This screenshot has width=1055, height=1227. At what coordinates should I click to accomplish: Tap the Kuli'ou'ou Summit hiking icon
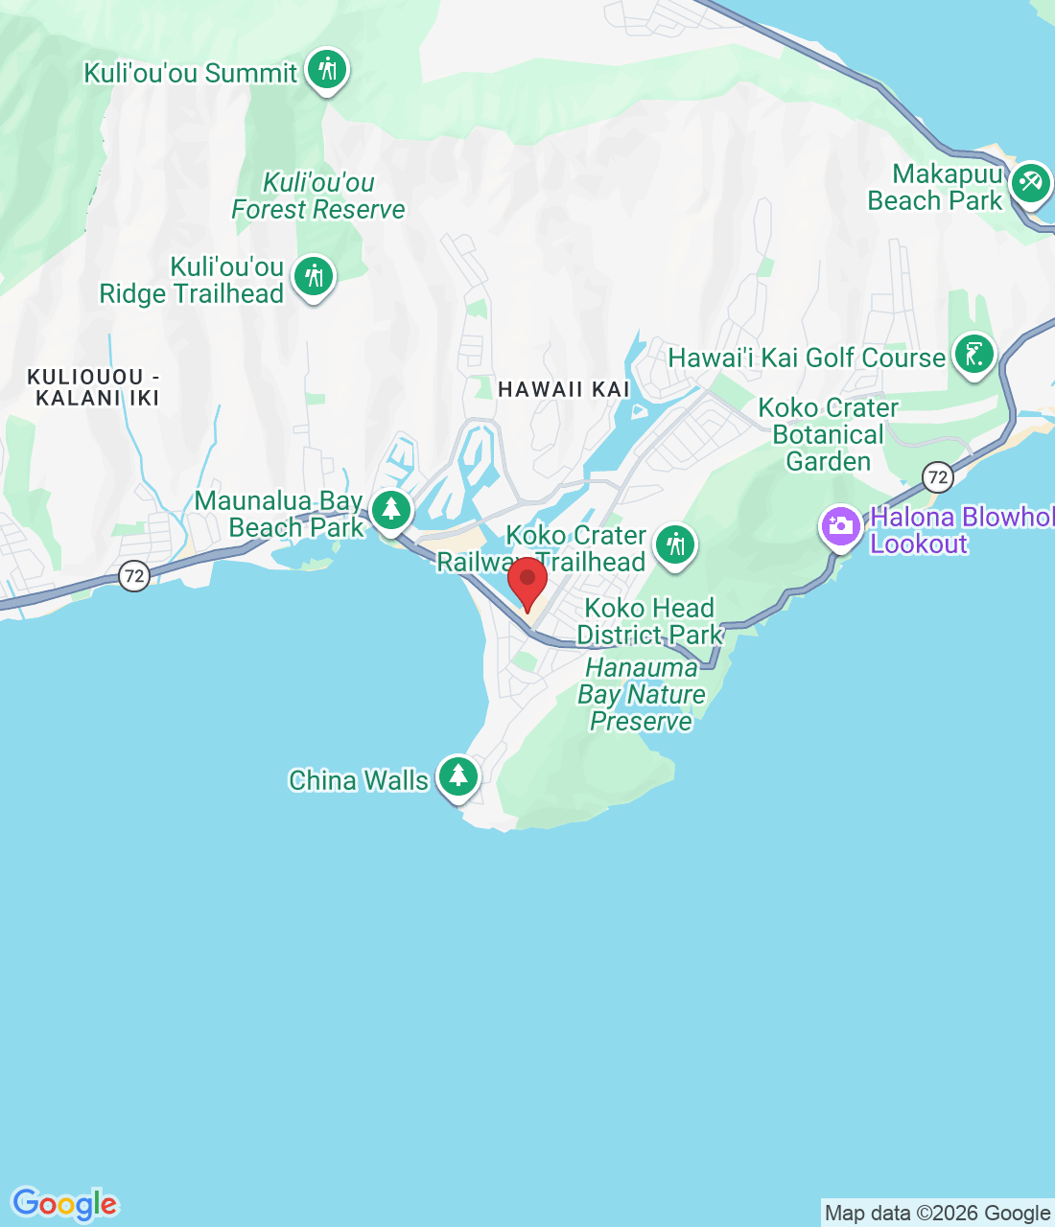(x=327, y=70)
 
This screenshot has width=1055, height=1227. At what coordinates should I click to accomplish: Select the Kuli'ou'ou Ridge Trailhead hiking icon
(x=314, y=277)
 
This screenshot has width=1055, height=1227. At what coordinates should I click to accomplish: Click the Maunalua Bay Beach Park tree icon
(x=391, y=510)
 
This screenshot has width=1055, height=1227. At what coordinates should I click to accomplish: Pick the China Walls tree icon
(x=458, y=776)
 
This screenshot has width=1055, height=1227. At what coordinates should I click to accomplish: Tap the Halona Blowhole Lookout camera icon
(x=841, y=527)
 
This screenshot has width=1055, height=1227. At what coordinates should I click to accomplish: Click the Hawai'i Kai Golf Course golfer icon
(x=973, y=355)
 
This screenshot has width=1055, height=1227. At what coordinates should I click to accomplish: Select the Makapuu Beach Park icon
(x=1030, y=182)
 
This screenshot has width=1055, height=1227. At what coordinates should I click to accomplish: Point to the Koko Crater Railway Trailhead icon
(x=675, y=545)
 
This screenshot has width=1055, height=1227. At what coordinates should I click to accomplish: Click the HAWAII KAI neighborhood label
(x=564, y=389)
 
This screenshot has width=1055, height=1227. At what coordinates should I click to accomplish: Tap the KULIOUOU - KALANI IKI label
(x=93, y=387)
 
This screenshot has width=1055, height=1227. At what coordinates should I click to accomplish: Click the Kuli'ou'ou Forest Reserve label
(x=318, y=196)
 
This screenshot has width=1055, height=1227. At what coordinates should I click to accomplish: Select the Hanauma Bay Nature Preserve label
(x=642, y=694)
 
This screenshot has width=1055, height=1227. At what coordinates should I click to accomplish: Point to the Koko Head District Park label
(x=649, y=621)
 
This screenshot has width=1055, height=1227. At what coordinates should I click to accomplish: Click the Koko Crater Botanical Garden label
(x=828, y=434)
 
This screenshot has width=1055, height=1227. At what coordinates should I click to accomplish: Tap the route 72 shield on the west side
(x=134, y=576)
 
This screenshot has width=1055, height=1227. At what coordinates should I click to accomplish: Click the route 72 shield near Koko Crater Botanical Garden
(x=937, y=476)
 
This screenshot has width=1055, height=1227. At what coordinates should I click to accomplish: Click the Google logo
(x=65, y=1204)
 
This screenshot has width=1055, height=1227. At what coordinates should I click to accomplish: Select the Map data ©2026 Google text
(x=937, y=1214)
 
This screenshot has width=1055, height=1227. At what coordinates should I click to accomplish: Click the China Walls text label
(x=359, y=780)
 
